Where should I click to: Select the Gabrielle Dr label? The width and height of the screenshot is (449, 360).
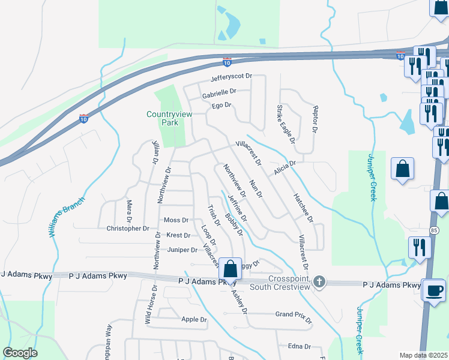219,92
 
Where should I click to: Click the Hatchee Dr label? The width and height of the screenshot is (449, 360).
303,208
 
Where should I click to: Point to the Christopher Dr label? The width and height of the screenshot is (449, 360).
127,229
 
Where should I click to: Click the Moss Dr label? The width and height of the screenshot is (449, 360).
176,220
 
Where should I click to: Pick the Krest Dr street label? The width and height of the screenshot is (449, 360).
178,235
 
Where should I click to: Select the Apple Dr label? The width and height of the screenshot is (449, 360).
194,319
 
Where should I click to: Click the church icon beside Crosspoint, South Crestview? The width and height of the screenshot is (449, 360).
320,281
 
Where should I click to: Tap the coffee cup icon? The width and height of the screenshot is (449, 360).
435,290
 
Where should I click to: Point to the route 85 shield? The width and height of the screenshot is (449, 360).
433,230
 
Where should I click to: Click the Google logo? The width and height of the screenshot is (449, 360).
20,353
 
